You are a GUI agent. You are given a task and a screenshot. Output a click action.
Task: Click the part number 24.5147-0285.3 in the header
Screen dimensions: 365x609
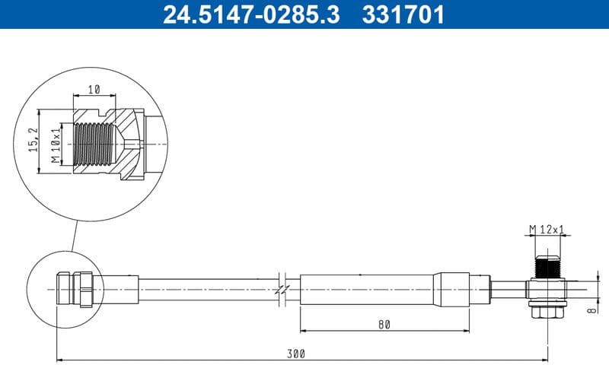tap(251, 14)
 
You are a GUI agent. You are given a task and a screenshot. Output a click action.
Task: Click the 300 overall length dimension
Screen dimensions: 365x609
tap(297, 354)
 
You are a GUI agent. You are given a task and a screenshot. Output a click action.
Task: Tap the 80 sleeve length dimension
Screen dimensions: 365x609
tap(383, 325)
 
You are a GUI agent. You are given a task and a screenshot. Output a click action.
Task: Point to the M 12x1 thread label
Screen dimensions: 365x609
tap(547, 229)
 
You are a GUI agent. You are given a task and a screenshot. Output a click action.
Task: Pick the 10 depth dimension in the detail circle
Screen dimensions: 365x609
tap(94, 90)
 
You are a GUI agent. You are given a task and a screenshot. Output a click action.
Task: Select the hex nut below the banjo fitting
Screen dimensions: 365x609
tap(547, 311)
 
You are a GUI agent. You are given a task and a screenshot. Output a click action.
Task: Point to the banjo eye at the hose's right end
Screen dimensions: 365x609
tap(547, 290)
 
